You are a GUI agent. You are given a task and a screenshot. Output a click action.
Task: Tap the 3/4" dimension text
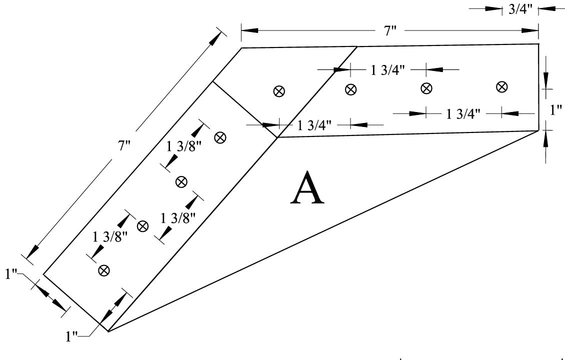point(520,9)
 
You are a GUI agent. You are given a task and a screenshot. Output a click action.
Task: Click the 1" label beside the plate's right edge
point(555,110)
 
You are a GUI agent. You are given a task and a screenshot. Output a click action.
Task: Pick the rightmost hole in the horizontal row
point(501,86)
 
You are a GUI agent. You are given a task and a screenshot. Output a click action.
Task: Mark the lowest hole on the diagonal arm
point(104,270)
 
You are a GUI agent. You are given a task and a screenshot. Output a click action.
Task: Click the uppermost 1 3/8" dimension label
point(184,146)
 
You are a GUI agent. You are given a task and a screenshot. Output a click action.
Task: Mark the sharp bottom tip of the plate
point(108,331)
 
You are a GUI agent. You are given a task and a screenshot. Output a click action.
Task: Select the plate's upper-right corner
point(538,44)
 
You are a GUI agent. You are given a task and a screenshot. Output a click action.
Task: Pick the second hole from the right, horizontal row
point(426,88)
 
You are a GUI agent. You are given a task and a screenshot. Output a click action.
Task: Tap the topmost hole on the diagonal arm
point(220,137)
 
